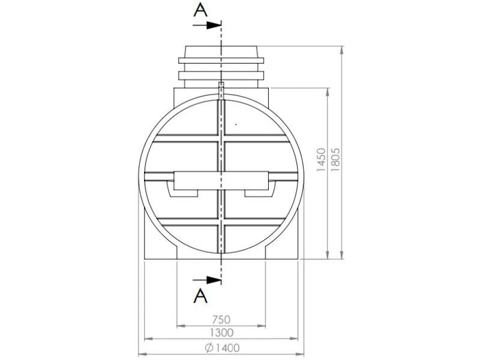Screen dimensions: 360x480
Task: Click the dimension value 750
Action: pos(221,319)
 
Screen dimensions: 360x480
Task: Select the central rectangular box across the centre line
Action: pos(221,180)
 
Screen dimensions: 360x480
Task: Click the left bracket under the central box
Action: pos(182,191)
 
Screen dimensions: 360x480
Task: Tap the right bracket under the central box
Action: pos(260,191)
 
